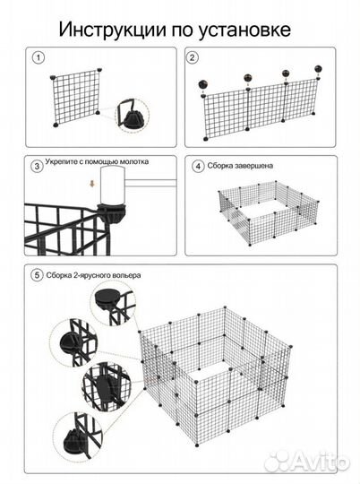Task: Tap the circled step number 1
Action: point(39,57)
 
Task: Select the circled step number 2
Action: point(193,57)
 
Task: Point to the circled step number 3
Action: point(37,166)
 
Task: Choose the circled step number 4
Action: point(198,166)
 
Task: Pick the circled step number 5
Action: point(37,275)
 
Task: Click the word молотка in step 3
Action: point(134,161)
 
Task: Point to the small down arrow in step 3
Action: point(92,184)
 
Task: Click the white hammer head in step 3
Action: point(113,186)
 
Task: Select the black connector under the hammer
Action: point(112,213)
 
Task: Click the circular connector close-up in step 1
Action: point(132,115)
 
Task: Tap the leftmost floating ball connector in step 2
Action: point(202,84)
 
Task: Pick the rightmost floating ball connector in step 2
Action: point(318,69)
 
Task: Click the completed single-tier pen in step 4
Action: point(269,213)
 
